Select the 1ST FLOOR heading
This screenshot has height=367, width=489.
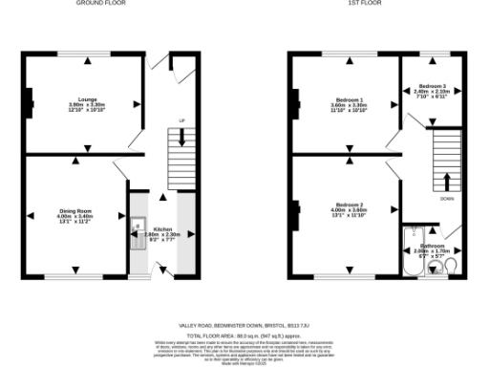pyautogui.click(x=366, y=3)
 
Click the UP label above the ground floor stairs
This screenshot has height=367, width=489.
pyautogui.click(x=181, y=120)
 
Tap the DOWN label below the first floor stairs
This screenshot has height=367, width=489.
pyautogui.click(x=447, y=199)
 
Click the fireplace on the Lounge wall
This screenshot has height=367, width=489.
pyautogui.click(x=29, y=97)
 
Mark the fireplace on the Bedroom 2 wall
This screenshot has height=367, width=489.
pyautogui.click(x=297, y=206)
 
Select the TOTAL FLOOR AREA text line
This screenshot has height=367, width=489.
pyautogui.click(x=244, y=335)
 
